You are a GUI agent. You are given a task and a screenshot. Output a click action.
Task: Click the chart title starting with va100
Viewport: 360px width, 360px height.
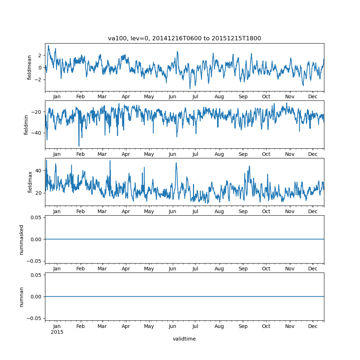184,39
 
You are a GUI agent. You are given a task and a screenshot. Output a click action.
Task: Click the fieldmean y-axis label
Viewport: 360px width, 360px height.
30,67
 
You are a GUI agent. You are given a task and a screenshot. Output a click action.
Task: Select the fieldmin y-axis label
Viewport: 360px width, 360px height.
26,125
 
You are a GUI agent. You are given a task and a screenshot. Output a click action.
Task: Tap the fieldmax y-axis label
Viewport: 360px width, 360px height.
30,182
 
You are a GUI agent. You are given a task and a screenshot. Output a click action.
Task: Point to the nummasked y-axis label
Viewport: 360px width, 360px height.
21,239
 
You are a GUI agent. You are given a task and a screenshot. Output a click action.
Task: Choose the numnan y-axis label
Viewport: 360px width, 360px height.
21,297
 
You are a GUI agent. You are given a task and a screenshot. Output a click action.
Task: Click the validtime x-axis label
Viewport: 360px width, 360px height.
184,339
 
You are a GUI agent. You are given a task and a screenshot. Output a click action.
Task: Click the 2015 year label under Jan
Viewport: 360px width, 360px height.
57,332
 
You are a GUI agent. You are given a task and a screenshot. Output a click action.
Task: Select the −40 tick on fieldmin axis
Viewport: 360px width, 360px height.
37,133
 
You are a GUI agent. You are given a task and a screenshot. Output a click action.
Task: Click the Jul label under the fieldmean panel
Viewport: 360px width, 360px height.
195,97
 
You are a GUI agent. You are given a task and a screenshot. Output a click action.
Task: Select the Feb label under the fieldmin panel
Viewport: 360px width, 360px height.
80,154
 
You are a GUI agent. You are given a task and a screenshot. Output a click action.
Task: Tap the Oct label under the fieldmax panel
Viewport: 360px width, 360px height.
266,212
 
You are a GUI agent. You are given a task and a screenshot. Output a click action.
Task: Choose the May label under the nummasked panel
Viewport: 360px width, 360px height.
149,269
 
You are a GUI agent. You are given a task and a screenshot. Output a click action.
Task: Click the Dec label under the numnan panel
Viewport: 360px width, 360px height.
313,326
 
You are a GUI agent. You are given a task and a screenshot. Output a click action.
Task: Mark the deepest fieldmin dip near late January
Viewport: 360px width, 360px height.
79,146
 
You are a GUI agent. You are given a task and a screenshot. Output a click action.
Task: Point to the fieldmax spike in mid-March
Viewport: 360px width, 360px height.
110,161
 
